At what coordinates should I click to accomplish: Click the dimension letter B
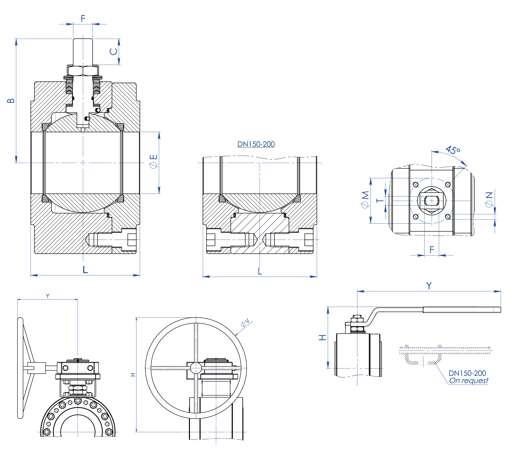[11, 101]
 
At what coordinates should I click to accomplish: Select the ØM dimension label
[365, 200]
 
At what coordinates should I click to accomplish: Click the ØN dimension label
[489, 199]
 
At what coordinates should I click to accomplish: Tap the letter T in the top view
[380, 200]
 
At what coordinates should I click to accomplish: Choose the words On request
[468, 381]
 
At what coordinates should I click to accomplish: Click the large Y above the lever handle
[429, 286]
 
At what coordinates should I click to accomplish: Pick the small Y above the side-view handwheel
[48, 296]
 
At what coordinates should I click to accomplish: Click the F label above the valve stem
[83, 18]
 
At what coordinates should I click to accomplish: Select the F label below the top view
[432, 250]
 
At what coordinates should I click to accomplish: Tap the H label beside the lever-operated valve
[322, 337]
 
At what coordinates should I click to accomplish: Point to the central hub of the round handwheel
[196, 368]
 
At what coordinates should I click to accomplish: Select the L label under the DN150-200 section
[260, 271]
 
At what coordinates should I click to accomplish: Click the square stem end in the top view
[432, 201]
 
